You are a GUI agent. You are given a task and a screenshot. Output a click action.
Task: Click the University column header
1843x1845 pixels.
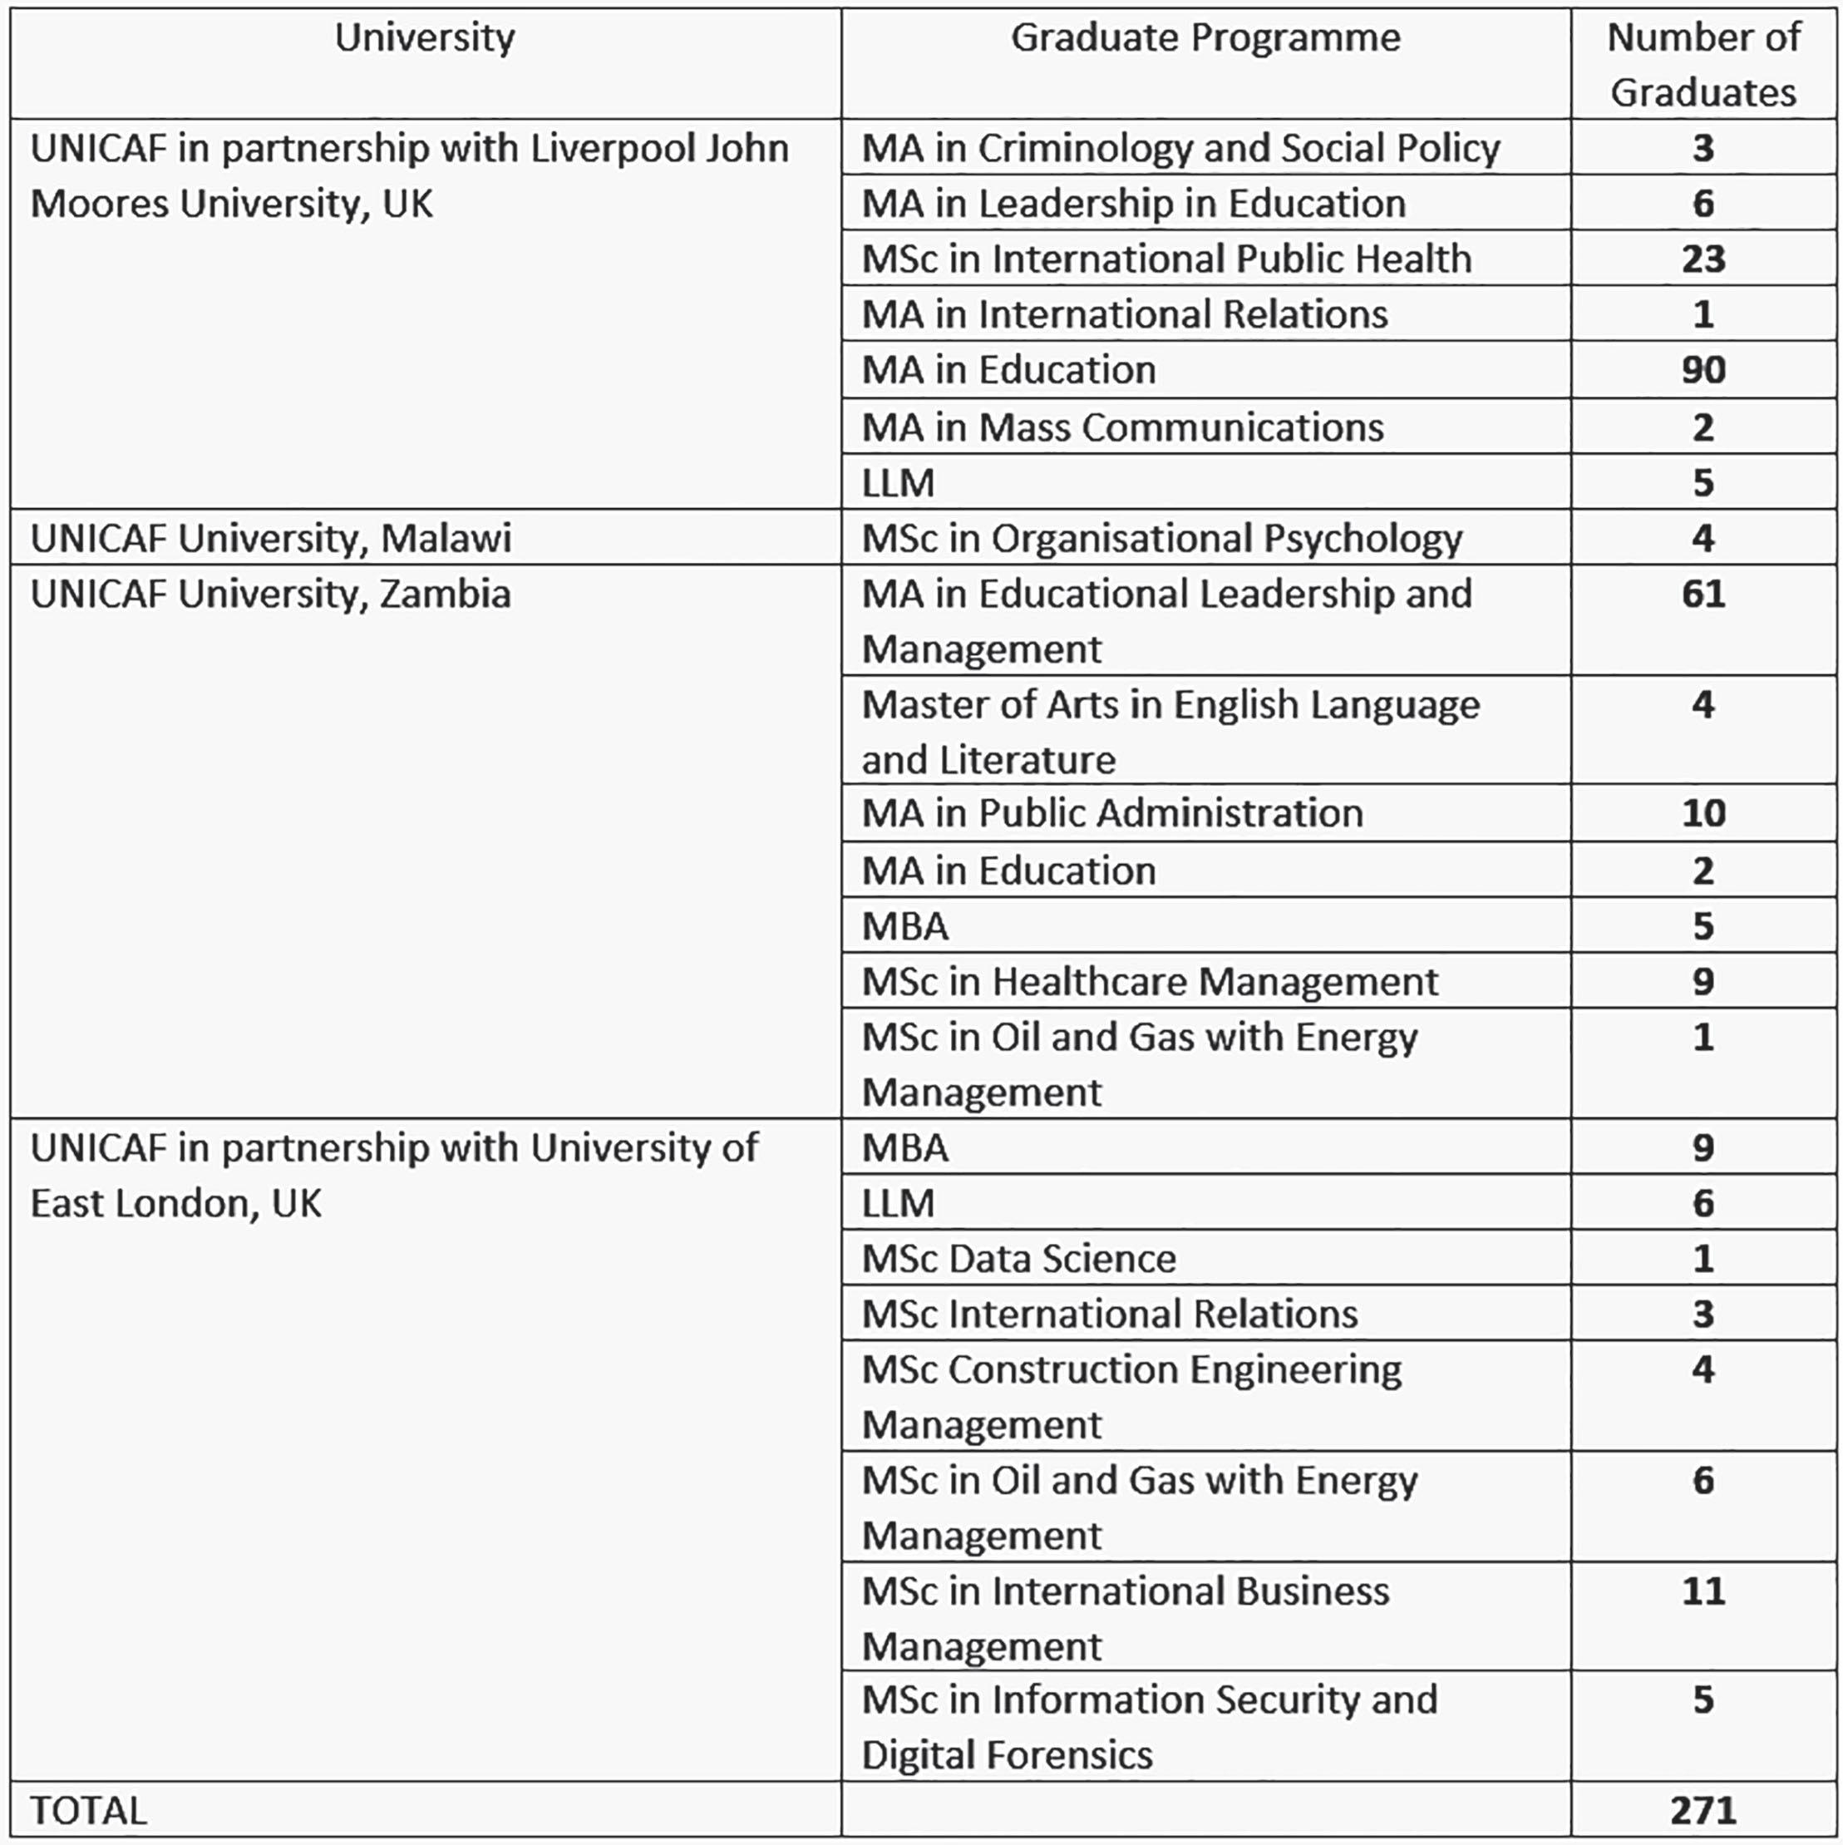(424, 38)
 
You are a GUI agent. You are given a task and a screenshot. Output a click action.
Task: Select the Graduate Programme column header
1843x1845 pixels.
(1205, 38)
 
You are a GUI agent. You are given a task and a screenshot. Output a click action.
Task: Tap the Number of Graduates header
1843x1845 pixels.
(1703, 65)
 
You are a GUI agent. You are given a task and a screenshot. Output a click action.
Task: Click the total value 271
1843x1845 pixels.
(1703, 1810)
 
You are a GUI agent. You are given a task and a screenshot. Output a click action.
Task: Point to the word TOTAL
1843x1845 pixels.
(89, 1811)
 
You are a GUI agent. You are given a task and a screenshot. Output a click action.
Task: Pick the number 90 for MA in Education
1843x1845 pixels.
(1703, 369)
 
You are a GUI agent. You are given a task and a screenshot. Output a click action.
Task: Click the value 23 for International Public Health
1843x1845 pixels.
(1703, 259)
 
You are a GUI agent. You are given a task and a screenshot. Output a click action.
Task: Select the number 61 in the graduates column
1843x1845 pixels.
(1703, 594)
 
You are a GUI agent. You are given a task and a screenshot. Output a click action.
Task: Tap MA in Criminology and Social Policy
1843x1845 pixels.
(1180, 148)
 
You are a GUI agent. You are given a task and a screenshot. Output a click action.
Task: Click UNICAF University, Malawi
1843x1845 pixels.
(271, 538)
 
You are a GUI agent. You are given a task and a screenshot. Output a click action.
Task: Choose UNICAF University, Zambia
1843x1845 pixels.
(271, 594)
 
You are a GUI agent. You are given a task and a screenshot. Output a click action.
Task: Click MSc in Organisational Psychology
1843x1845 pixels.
(1161, 539)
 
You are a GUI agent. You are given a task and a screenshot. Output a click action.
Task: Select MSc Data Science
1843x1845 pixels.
(1019, 1259)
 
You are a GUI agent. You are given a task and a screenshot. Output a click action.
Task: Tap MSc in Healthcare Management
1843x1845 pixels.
(1150, 982)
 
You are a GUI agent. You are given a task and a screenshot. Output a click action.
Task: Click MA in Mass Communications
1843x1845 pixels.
(1122, 427)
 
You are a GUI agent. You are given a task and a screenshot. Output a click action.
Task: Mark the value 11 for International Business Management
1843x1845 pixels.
(1703, 1591)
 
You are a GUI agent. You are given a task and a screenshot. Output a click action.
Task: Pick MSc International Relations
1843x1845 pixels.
(1110, 1314)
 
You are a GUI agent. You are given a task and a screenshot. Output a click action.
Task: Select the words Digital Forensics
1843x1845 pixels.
(1008, 1755)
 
